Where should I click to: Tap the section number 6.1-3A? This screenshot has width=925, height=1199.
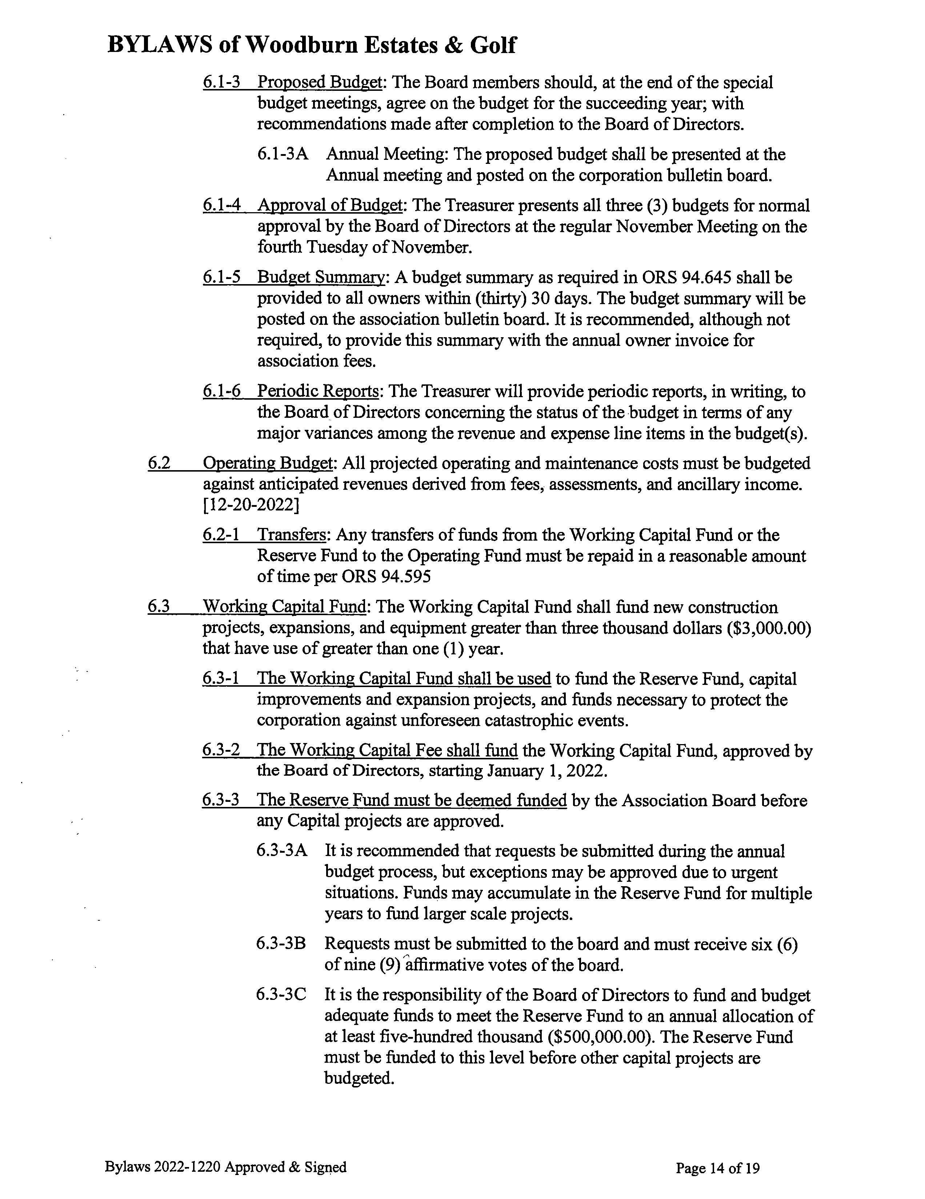click(x=282, y=154)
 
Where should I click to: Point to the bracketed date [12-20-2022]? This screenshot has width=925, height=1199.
click(x=251, y=505)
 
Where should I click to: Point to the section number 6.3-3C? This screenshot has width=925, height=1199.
click(x=281, y=995)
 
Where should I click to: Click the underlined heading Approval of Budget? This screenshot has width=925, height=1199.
click(x=329, y=206)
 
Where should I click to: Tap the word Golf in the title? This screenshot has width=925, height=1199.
click(x=492, y=45)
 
